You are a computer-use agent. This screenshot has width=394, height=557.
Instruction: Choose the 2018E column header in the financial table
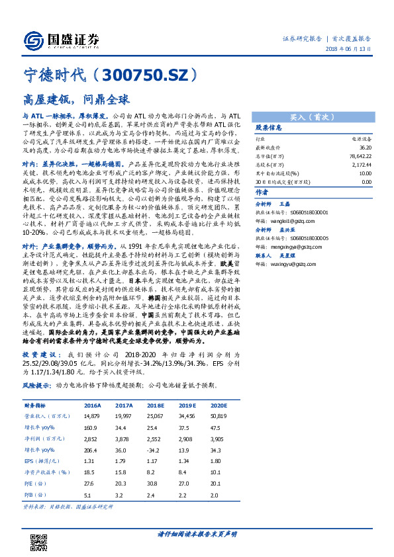(x=156, y=406)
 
